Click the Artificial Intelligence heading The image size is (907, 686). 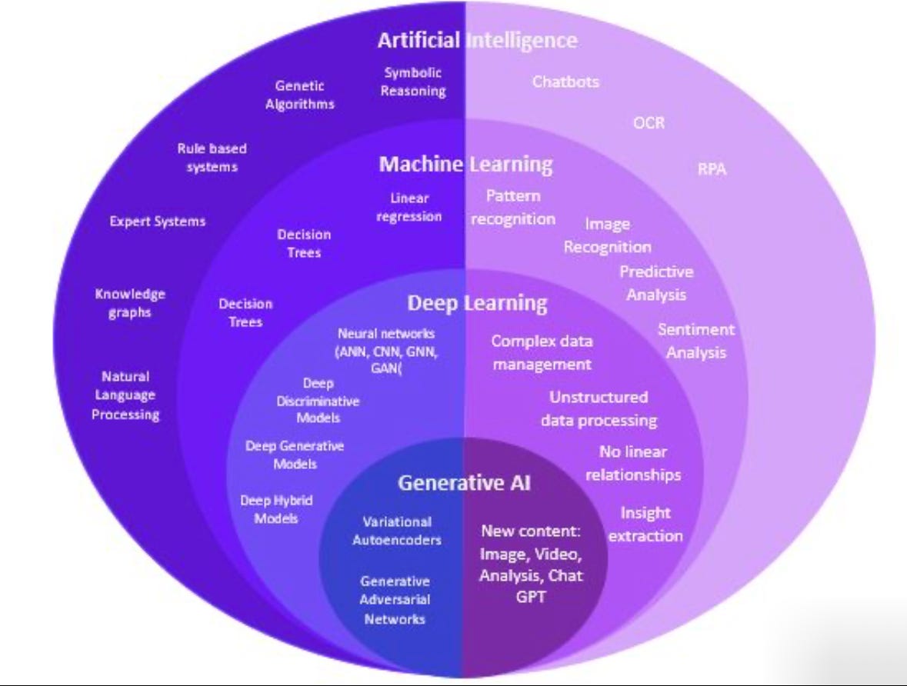coord(477,40)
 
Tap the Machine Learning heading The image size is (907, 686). coord(465,164)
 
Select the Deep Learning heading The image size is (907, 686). coord(477,302)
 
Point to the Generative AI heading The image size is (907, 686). coord(464,483)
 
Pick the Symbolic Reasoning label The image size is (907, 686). coord(413,82)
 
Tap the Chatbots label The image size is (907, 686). coord(565,82)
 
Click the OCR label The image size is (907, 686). coord(649,123)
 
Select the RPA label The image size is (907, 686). coord(712,169)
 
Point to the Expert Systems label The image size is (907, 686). coord(158,221)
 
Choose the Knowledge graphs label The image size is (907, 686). coord(130,304)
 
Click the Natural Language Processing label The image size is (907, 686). coord(125,395)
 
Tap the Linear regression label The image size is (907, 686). coord(409,208)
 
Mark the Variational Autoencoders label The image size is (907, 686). coord(397,531)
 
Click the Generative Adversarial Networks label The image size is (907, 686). coord(395,600)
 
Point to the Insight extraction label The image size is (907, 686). coord(645,524)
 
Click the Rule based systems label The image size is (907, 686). coord(212,158)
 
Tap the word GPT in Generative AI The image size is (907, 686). coord(531,595)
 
